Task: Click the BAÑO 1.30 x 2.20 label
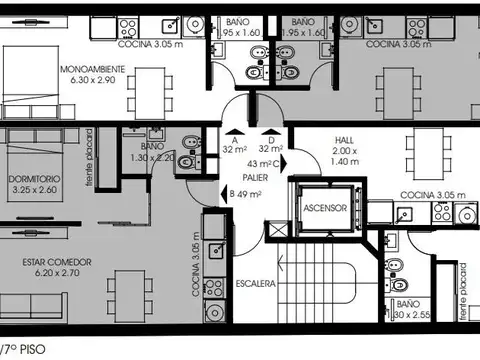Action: pos(150,151)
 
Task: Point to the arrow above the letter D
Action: pos(270,130)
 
